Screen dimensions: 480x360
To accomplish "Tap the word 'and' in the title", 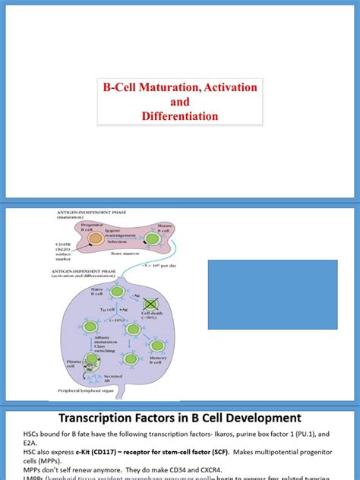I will pos(179,102).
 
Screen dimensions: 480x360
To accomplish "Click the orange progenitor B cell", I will pos(96,238).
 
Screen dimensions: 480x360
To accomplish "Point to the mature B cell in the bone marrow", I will pos(153,238).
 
